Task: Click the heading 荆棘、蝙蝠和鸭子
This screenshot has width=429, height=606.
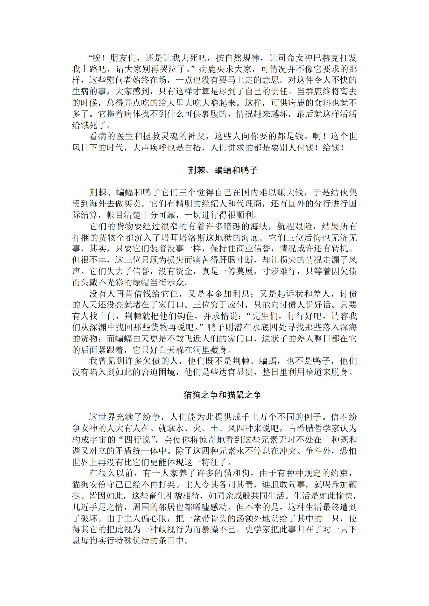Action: point(223,170)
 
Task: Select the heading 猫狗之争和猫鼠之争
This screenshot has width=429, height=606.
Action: point(223,395)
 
